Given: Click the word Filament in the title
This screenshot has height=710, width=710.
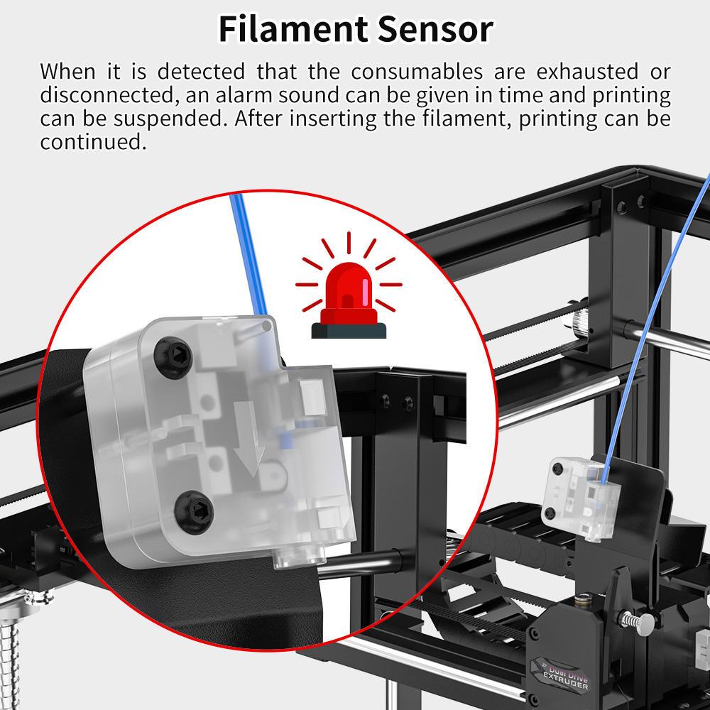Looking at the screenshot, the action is tap(293, 29).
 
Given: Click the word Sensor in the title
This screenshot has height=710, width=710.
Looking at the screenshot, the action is tap(435, 29).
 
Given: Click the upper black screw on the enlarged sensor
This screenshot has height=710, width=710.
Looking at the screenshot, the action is tap(173, 357).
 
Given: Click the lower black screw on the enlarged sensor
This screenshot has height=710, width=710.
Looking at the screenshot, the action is tap(194, 512).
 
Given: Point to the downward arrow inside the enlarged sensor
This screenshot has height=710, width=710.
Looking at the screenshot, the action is tap(248, 439).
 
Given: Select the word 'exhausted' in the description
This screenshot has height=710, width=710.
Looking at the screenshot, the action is tap(587, 72).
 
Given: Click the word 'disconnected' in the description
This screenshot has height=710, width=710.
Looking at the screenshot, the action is tap(107, 95).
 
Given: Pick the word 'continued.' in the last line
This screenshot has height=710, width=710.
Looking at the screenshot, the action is tap(93, 142).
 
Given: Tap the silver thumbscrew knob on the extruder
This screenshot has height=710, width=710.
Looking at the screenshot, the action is tap(638, 623).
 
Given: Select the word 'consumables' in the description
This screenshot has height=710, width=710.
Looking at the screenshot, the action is tap(417, 72).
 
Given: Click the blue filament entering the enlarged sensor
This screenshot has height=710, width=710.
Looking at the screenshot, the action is tap(248, 253).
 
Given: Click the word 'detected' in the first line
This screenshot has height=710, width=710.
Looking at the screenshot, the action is tap(201, 72).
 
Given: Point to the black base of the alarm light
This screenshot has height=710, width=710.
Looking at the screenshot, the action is tap(349, 331).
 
